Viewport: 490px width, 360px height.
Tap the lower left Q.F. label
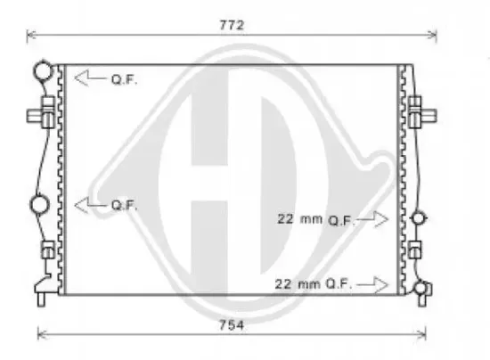tap(124, 204)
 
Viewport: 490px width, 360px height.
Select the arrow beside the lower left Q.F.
tap(89, 204)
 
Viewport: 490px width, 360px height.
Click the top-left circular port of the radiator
tap(42, 70)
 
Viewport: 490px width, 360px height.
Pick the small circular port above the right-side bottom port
tap(421, 217)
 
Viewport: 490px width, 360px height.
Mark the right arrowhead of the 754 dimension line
tap(425, 334)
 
